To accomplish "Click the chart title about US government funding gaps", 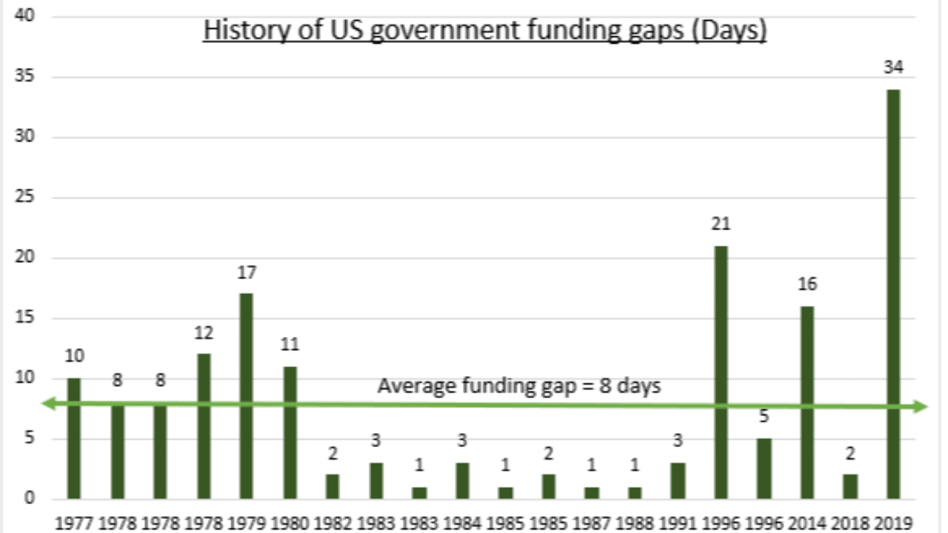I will (x=484, y=32).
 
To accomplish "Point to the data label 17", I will (x=247, y=272).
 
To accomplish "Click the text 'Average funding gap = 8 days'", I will (x=519, y=386).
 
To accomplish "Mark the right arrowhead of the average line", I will (x=921, y=406).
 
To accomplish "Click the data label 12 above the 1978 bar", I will (x=204, y=333).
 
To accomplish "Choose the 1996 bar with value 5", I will (x=764, y=468).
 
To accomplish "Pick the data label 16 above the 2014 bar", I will (x=807, y=285).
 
